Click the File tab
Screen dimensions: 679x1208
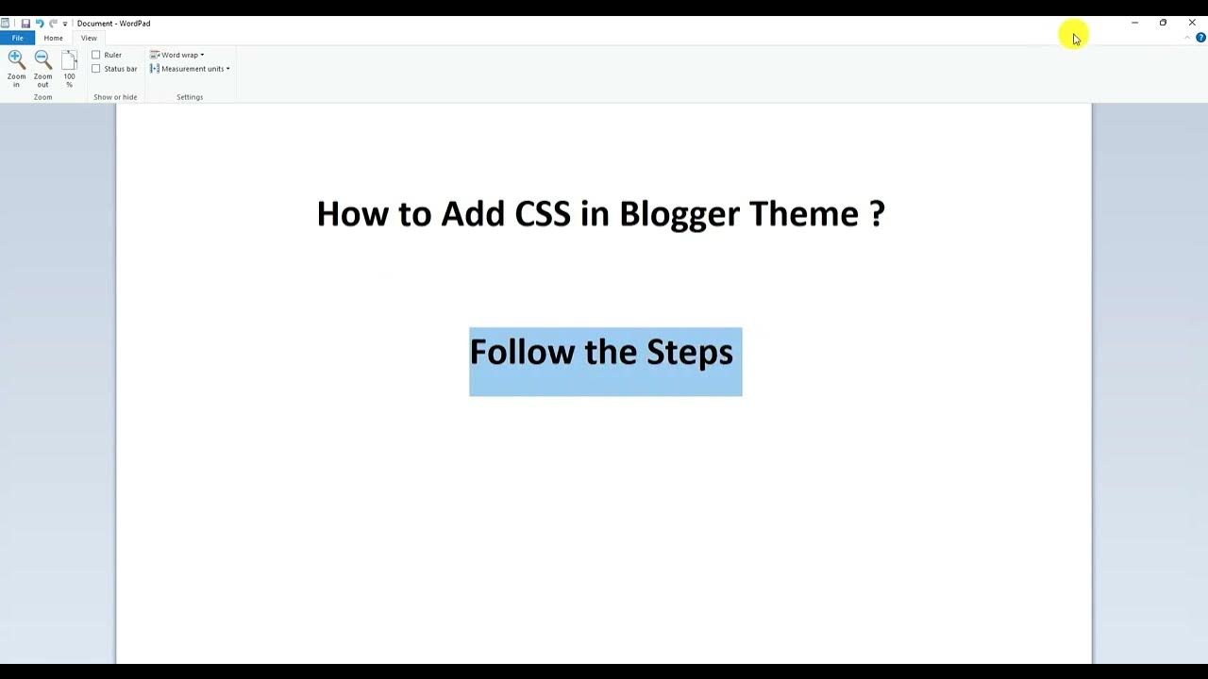click(17, 38)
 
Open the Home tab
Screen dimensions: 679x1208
click(53, 38)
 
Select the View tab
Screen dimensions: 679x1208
click(89, 38)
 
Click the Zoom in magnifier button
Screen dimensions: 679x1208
click(16, 68)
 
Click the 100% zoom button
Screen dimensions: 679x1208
click(69, 68)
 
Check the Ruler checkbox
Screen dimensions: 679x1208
click(96, 55)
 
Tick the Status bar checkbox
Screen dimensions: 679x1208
click(96, 69)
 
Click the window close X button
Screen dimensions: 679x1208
click(1191, 23)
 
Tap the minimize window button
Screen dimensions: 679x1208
click(1134, 23)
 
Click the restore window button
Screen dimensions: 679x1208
click(1163, 23)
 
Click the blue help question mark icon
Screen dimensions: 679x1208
click(1200, 38)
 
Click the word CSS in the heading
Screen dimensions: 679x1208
click(543, 214)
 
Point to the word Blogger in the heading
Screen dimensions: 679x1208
click(679, 214)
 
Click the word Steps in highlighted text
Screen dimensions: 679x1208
click(689, 353)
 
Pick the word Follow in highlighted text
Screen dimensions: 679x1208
click(522, 353)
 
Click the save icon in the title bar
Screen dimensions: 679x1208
click(25, 24)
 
